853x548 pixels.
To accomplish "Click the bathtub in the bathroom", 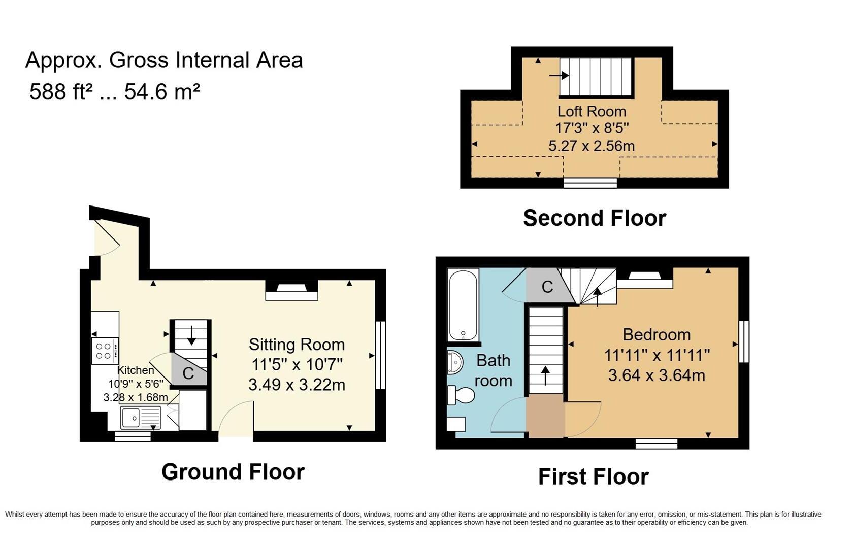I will tap(463, 304).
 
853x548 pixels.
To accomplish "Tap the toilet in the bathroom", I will tap(460, 395).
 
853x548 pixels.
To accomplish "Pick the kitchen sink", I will tap(140, 418).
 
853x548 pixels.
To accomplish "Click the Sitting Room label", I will tap(297, 345).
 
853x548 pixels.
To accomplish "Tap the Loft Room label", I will tap(592, 111).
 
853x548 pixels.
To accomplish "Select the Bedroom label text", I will tap(656, 335).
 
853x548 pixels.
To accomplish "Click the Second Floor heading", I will tap(594, 218).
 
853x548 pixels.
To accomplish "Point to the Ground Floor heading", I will tap(233, 472).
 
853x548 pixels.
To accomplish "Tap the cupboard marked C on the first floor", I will tap(547, 287).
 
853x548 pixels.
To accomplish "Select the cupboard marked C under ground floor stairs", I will tap(188, 373).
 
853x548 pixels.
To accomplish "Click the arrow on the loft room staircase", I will tap(559, 76).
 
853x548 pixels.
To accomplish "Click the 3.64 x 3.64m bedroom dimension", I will tap(656, 375).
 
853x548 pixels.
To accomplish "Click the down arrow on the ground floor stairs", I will tap(191, 335).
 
